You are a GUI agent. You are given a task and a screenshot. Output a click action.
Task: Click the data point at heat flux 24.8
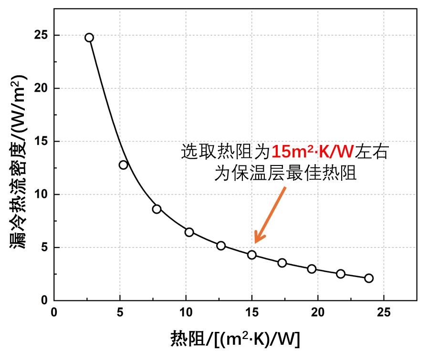[x=89, y=38]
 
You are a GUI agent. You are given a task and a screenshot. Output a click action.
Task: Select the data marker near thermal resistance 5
[x=124, y=165]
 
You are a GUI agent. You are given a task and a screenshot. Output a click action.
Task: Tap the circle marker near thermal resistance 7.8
[x=157, y=209]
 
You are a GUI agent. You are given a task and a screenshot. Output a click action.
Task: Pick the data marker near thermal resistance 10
[x=189, y=232]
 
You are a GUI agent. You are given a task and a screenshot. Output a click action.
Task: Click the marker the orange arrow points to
[x=252, y=255]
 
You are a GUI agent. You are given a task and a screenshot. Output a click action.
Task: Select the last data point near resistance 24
[x=369, y=278]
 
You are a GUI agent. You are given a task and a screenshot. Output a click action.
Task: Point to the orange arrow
[x=270, y=215]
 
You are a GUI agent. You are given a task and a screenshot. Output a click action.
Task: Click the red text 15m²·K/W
[x=312, y=152]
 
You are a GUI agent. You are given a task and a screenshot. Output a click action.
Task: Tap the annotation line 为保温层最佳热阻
[x=285, y=173]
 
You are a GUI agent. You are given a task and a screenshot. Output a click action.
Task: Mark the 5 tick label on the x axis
[x=120, y=312]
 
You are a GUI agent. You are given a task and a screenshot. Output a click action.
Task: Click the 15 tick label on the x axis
[x=252, y=312]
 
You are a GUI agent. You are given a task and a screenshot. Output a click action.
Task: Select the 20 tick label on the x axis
[x=318, y=312]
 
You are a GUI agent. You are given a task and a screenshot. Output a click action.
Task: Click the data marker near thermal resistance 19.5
[x=312, y=269]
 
